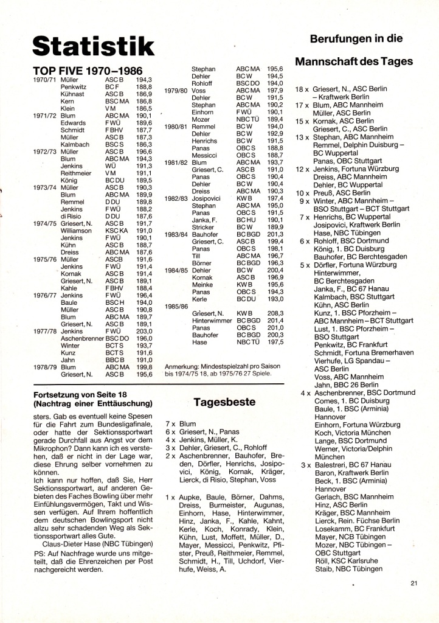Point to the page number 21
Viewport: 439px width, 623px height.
[414, 584]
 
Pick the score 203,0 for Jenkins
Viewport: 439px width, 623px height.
[144, 332]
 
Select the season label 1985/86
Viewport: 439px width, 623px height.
[177, 307]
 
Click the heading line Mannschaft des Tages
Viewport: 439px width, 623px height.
[354, 61]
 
